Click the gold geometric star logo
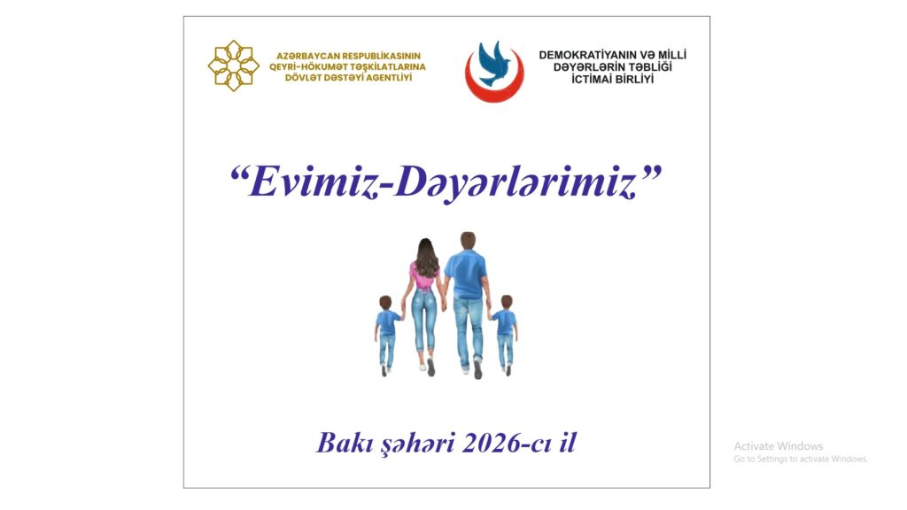[x=234, y=66]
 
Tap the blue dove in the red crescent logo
[x=493, y=63]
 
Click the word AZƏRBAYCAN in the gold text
[x=306, y=56]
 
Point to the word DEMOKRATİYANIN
[x=588, y=55]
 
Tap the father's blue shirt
[x=466, y=274]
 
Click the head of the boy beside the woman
[x=386, y=303]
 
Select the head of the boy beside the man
[x=506, y=303]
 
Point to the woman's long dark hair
[x=426, y=258]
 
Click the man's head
[x=468, y=240]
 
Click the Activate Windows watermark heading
[x=778, y=446]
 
